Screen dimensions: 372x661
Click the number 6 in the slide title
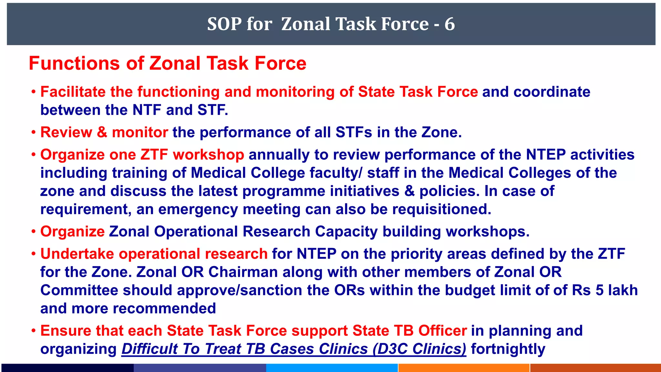click(450, 24)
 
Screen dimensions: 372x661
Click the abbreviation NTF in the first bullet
click(147, 110)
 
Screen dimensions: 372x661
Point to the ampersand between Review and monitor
click(102, 132)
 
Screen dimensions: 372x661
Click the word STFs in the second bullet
click(354, 132)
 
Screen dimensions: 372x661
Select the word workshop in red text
click(208, 155)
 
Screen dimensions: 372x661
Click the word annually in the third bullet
click(279, 155)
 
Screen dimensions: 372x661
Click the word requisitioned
click(442, 209)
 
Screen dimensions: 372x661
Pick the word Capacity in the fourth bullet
click(346, 232)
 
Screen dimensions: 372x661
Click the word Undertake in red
click(77, 254)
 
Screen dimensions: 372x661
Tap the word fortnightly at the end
click(508, 349)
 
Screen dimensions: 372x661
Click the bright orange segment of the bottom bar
click(464, 368)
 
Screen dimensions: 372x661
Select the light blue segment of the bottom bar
click(332, 368)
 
